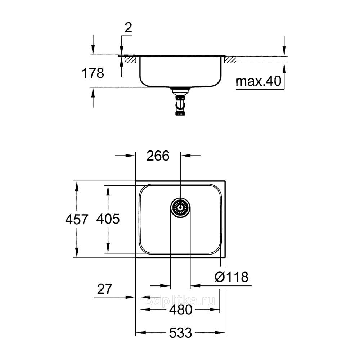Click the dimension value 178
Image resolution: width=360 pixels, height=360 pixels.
(x=93, y=73)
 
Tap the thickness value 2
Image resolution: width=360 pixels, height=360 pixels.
(x=128, y=28)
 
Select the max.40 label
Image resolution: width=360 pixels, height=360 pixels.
(x=258, y=81)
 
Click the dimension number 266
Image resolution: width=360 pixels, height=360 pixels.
(x=158, y=156)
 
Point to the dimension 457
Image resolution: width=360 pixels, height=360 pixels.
(x=77, y=219)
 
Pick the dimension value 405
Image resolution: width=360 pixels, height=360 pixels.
(x=108, y=219)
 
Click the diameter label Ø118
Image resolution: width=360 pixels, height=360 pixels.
(x=231, y=277)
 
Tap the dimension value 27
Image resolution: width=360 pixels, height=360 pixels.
(x=105, y=289)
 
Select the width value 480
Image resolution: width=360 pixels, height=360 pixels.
(x=181, y=310)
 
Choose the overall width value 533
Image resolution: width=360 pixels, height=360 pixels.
(x=180, y=333)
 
